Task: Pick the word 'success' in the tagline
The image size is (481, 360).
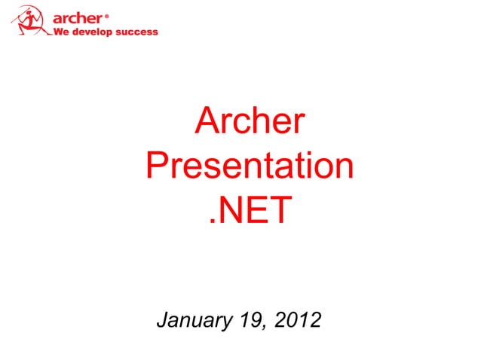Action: click(x=137, y=32)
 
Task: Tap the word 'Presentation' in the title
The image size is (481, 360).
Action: click(x=250, y=166)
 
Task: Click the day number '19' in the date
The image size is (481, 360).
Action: click(x=246, y=322)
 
